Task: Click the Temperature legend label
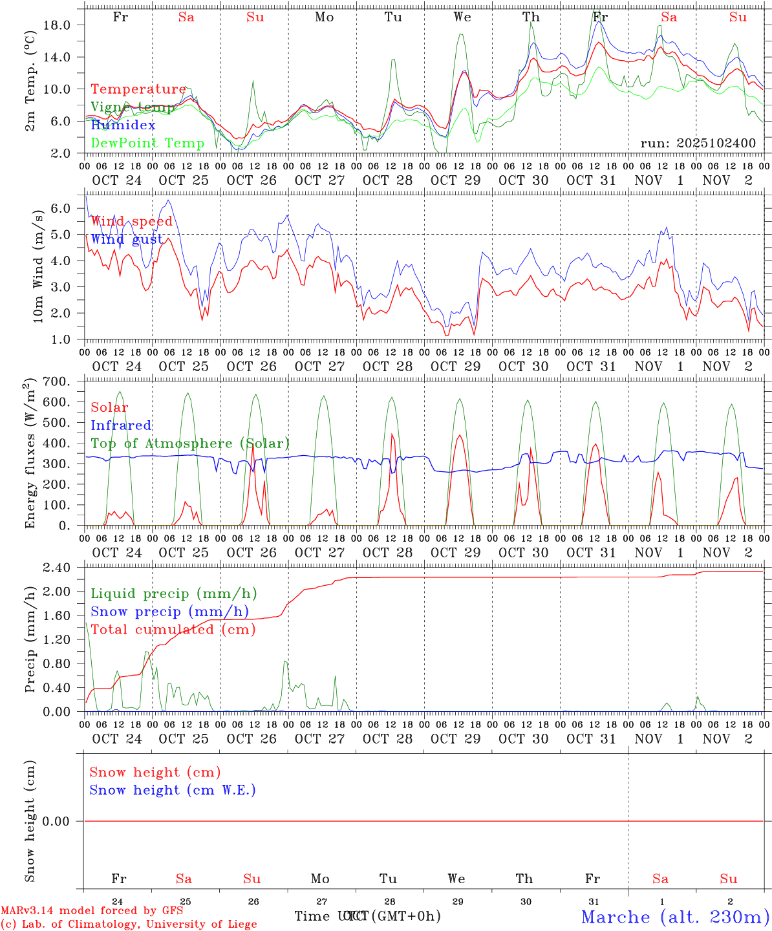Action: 138,89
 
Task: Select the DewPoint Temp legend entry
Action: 147,143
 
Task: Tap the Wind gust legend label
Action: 127,239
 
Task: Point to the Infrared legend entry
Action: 121,425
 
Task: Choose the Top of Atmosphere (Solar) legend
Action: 189,444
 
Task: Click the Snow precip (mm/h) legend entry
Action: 169,612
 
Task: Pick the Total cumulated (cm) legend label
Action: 173,629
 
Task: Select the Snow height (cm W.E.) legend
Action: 172,790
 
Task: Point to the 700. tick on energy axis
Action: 63,381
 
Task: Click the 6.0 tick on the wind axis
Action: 68,208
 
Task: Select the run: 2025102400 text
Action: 698,143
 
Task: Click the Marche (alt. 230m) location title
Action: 675,916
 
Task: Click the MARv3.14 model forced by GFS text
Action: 91,910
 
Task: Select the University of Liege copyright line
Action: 128,924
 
